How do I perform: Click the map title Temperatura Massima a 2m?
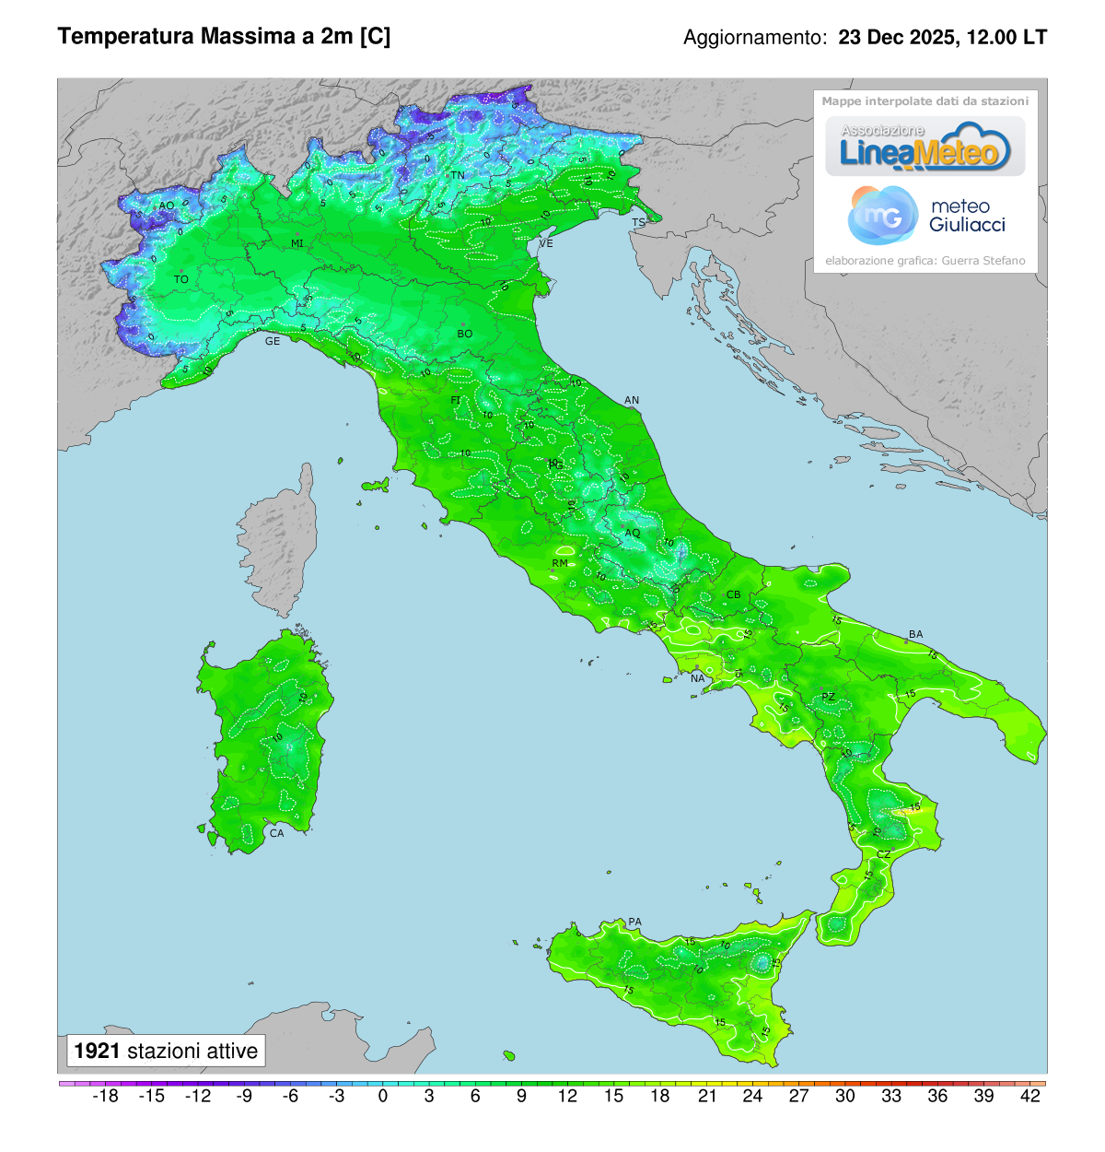(224, 37)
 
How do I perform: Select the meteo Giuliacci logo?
(925, 216)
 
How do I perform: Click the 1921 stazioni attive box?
(166, 1051)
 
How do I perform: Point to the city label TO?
(181, 279)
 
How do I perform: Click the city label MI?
(297, 243)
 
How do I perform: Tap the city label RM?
(560, 563)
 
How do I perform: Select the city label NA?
(697, 678)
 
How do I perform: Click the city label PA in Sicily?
(634, 922)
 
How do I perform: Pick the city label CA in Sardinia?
(276, 833)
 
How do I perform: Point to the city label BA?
(915, 634)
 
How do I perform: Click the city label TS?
(638, 223)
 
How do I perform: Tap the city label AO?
(167, 206)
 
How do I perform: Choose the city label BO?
(465, 334)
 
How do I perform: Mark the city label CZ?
(883, 854)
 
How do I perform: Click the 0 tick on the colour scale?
(383, 1096)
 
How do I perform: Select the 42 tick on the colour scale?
(1030, 1096)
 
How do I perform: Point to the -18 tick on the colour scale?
(106, 1096)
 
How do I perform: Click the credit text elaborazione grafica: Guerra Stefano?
(925, 261)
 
